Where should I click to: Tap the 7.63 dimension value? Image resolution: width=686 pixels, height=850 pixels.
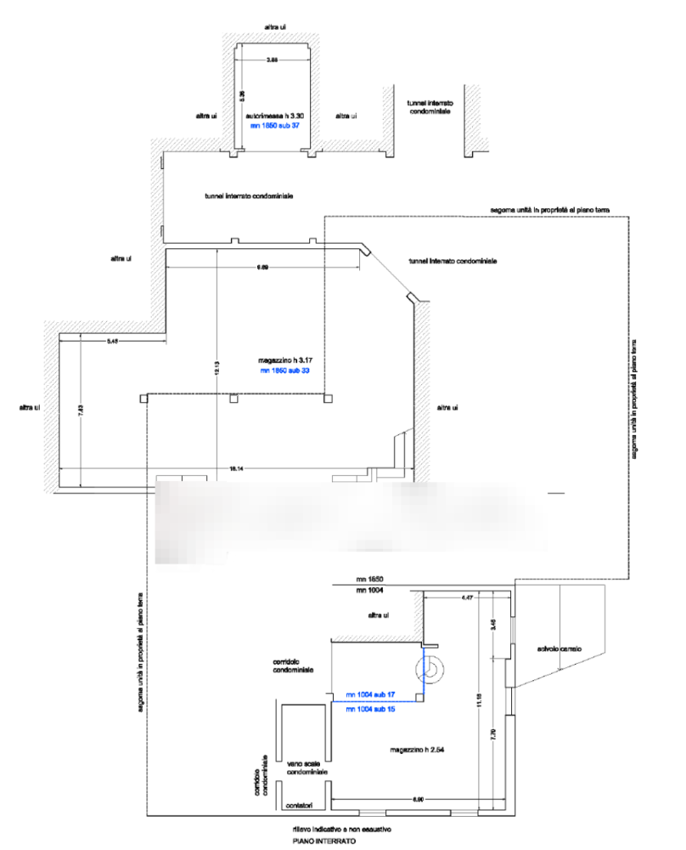pos(79,411)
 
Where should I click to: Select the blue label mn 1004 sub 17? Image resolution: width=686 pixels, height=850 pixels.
pos(372,696)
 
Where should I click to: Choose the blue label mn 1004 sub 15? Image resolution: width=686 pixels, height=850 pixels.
pos(372,709)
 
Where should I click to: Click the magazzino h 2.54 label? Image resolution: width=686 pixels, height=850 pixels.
pos(419,751)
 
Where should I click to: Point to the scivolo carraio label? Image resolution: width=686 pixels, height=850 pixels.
pos(559,649)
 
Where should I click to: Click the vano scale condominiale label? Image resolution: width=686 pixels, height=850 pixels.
pos(301,768)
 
